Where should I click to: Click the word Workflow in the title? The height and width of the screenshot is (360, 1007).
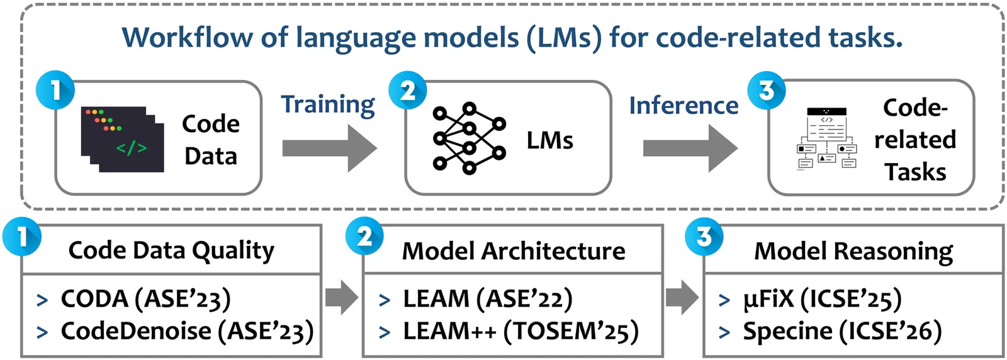[186, 38]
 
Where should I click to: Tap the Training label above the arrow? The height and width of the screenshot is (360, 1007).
[327, 104]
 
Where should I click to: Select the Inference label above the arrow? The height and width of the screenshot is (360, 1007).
[684, 105]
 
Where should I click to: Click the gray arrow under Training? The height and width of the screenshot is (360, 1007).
[329, 148]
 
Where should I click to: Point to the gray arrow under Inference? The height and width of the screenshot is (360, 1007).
[689, 148]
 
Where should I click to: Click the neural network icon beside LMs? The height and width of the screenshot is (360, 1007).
[469, 138]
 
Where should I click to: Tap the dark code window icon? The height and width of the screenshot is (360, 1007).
[122, 139]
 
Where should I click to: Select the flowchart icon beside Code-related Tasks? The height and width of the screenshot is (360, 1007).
[827, 139]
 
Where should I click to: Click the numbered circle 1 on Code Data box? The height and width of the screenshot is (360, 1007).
[55, 90]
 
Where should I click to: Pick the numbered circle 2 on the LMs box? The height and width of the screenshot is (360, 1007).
[408, 90]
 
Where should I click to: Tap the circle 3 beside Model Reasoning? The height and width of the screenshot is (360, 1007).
[704, 237]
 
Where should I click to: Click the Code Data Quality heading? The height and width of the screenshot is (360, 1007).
[171, 250]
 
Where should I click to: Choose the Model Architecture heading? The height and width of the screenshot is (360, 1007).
[514, 251]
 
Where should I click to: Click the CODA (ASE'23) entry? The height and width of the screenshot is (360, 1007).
[145, 299]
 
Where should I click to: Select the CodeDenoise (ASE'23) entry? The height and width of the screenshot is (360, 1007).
[187, 331]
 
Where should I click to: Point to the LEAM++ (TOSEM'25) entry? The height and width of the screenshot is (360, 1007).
[520, 331]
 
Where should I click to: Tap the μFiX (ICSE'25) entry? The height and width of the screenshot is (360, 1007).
[822, 299]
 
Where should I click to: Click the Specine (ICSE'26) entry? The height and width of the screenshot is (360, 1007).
[842, 331]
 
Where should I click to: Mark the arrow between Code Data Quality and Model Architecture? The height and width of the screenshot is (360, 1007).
[341, 297]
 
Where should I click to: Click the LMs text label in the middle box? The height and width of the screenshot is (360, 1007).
[549, 140]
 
